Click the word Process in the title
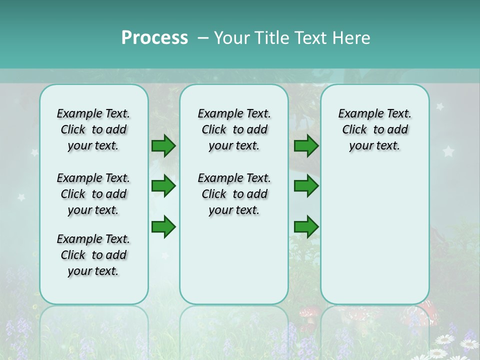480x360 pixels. [154, 37]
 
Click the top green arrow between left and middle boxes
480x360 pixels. [163, 146]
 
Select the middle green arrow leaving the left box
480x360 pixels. [163, 186]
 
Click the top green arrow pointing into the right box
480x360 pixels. [306, 146]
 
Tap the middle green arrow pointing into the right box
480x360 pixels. [306, 186]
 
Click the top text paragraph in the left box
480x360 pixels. [93, 129]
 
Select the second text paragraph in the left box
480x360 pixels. [93, 194]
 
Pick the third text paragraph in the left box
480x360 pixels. [93, 255]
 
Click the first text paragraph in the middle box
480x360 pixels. [234, 129]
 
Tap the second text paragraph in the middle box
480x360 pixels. [234, 194]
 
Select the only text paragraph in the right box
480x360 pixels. [374, 129]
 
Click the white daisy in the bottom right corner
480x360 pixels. [469, 344]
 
